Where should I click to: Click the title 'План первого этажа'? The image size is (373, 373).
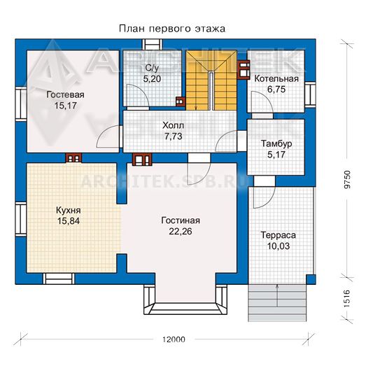coord(171,29)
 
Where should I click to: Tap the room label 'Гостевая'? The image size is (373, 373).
coord(65,94)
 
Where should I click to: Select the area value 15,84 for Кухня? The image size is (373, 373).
coord(69,221)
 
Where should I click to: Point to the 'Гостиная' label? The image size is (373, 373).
coord(181,220)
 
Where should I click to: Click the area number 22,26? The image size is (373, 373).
coord(181,232)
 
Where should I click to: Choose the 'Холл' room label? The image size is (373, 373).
coord(173,125)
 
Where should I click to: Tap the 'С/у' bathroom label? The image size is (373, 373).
coord(152,69)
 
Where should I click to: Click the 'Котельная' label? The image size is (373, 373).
coord(276,79)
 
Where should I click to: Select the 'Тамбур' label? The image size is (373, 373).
coord(276,143)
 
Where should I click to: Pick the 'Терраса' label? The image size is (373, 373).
coord(279,235)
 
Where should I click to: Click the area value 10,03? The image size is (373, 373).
coord(279,246)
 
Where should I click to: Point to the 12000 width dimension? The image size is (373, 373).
coord(174,339)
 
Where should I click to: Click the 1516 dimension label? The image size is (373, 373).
coord(348,299)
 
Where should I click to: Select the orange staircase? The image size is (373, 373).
coord(211,80)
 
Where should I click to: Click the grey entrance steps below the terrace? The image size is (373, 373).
coord(277,303)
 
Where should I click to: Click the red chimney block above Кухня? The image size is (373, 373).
coord(73,157)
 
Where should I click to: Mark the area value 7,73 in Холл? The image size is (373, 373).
coord(173,136)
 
